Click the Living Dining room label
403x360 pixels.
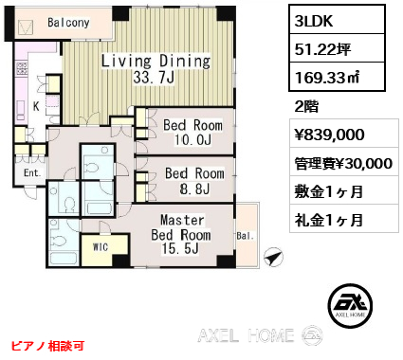click(156, 61)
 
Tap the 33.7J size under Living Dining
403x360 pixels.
click(154, 77)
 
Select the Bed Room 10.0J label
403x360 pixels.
click(192, 133)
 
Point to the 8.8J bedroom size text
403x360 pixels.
click(194, 189)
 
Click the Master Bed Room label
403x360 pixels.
click(181, 234)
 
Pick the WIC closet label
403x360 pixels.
click(101, 247)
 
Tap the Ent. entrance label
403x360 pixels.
click(32, 172)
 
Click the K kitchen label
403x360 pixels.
click(36, 106)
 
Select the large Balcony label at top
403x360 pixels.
click(68, 23)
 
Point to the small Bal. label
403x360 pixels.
click(246, 236)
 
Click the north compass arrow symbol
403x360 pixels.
click(273, 258)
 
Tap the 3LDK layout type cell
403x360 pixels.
click(337, 20)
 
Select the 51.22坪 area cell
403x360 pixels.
click(337, 48)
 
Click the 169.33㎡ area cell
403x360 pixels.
click(337, 77)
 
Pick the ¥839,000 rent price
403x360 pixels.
click(329, 135)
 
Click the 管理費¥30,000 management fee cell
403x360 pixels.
click(344, 163)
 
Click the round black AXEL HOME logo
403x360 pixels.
click(350, 306)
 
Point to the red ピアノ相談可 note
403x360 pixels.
click(47, 346)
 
